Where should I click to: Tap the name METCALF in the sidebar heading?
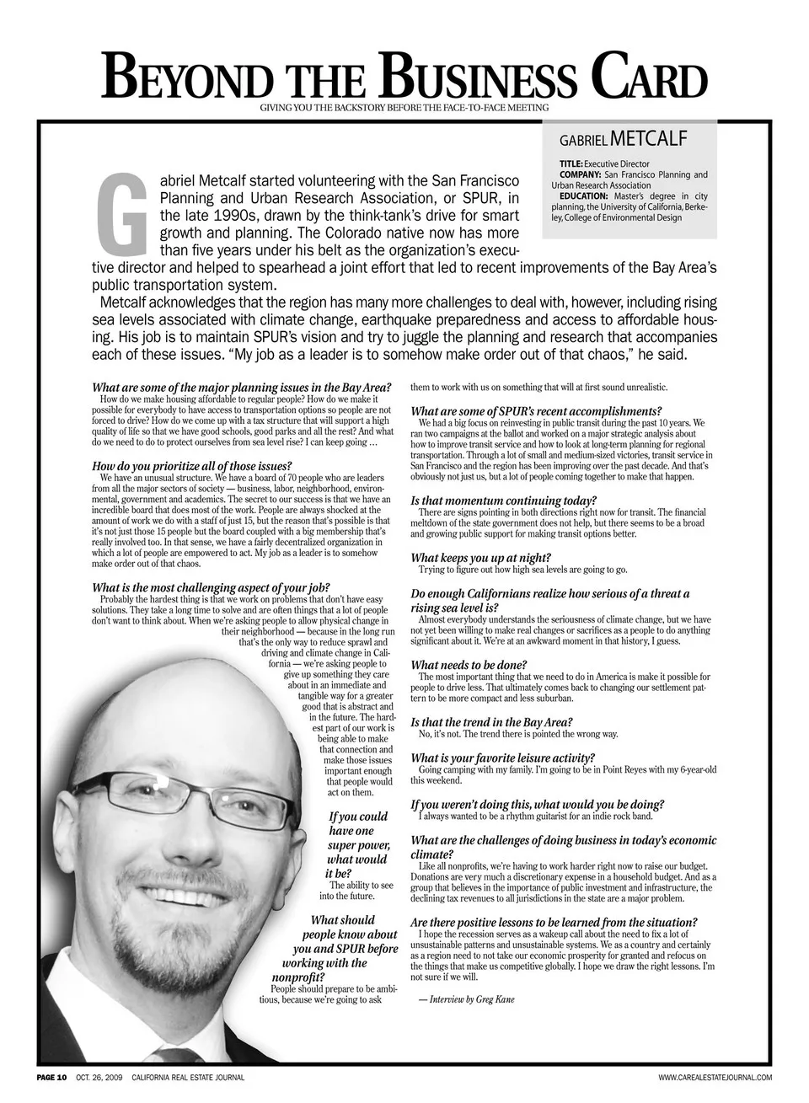click(651, 137)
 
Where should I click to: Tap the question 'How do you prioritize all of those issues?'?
click(191, 466)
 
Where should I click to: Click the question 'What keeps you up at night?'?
click(480, 557)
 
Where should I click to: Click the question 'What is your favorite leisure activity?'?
click(502, 758)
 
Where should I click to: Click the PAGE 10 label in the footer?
click(51, 1078)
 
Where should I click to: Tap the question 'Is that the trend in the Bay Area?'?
click(491, 722)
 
